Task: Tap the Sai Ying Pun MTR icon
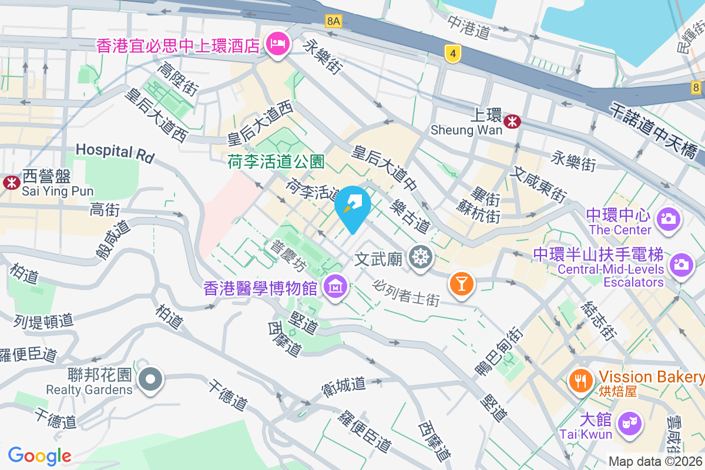tap(11, 182)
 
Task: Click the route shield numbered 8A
tap(334, 22)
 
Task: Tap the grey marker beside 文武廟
tap(421, 258)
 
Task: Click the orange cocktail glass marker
tap(461, 284)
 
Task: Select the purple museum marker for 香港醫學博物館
tap(335, 287)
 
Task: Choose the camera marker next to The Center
tap(668, 219)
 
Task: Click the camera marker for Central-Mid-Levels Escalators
tap(681, 263)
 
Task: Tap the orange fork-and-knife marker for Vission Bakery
tap(581, 381)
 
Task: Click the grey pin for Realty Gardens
tap(151, 379)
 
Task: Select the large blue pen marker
tap(353, 206)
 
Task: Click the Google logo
tap(39, 455)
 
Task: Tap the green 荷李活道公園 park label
tap(276, 162)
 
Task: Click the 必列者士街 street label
tap(406, 292)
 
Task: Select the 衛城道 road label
tap(344, 386)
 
